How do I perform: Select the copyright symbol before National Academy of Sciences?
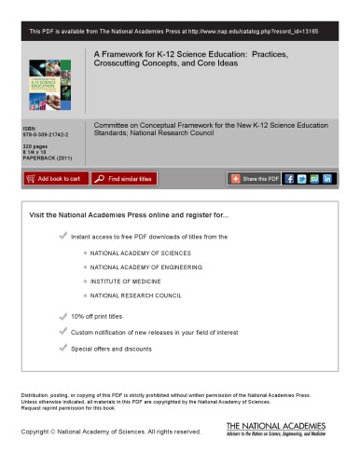click(x=58, y=432)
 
